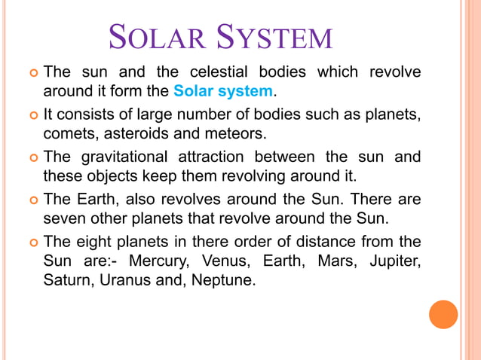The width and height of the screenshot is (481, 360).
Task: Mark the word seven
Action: pyautogui.click(x=66, y=218)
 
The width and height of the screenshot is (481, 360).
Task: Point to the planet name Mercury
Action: pyautogui.click(x=160, y=261)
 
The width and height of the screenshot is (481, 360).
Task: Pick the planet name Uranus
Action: pyautogui.click(x=132, y=281)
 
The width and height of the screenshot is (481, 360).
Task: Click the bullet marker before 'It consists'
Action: pyautogui.click(x=32, y=116)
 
